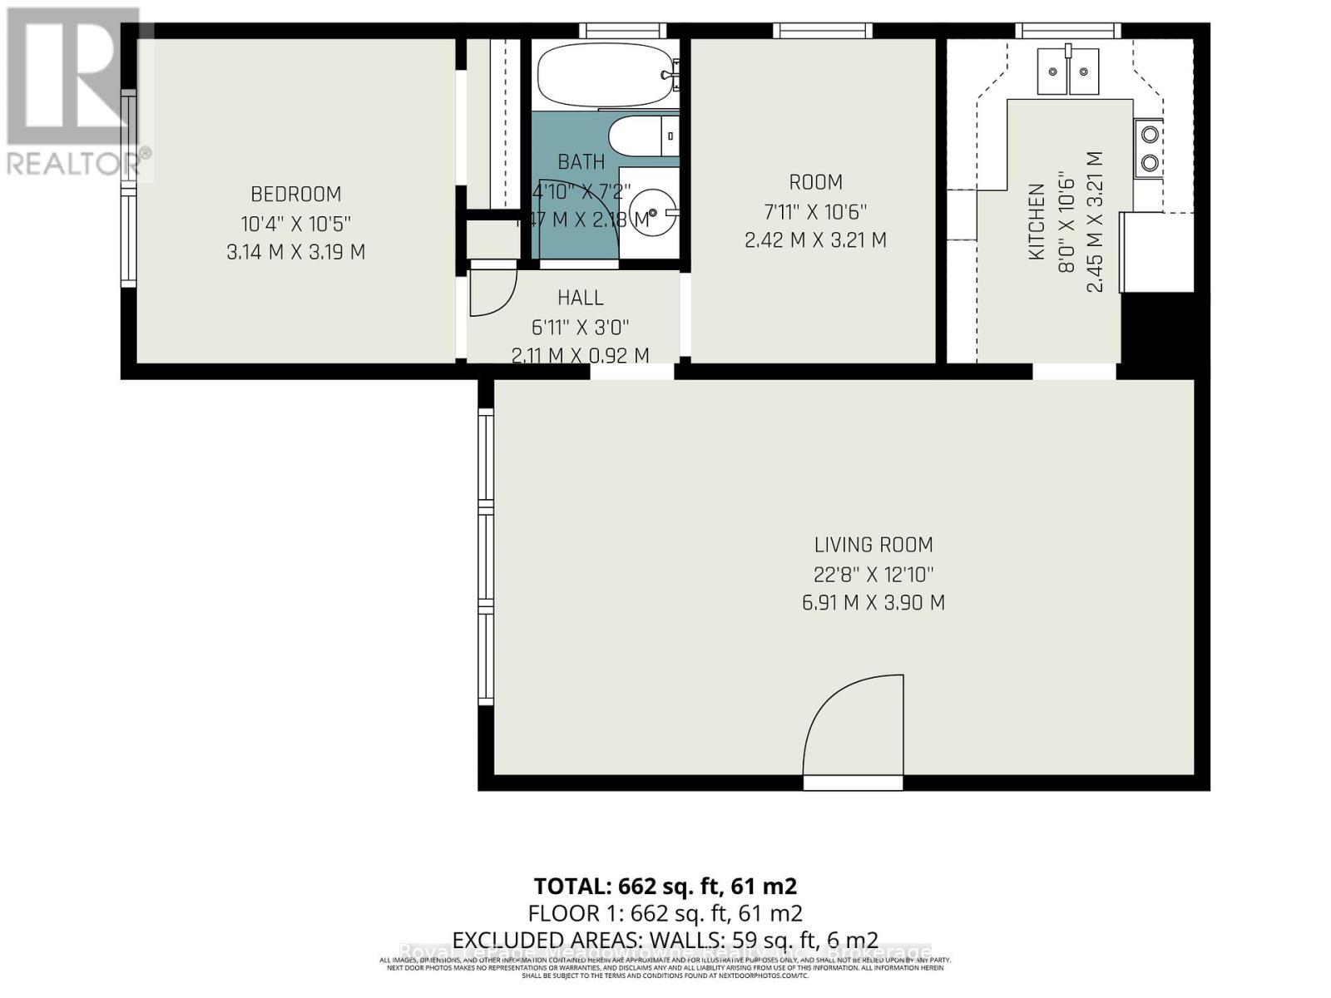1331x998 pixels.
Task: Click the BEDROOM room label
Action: tap(296, 194)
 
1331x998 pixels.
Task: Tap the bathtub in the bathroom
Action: tap(606, 76)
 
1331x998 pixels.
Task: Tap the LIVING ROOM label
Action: tap(873, 545)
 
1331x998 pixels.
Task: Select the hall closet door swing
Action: tap(492, 292)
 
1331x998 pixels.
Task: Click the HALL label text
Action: tap(581, 297)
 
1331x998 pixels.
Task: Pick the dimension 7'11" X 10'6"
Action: tap(815, 211)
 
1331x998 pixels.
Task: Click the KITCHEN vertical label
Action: tap(1037, 222)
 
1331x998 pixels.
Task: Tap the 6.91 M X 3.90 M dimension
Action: tap(873, 603)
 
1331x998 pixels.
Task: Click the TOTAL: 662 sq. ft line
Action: tap(665, 886)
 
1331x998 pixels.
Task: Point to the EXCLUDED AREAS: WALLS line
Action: tap(665, 940)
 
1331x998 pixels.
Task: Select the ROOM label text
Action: tap(815, 182)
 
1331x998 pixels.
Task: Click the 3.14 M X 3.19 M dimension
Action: tap(296, 252)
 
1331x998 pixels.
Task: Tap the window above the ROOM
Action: tap(822, 31)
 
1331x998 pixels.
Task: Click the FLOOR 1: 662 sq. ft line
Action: tap(665, 913)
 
